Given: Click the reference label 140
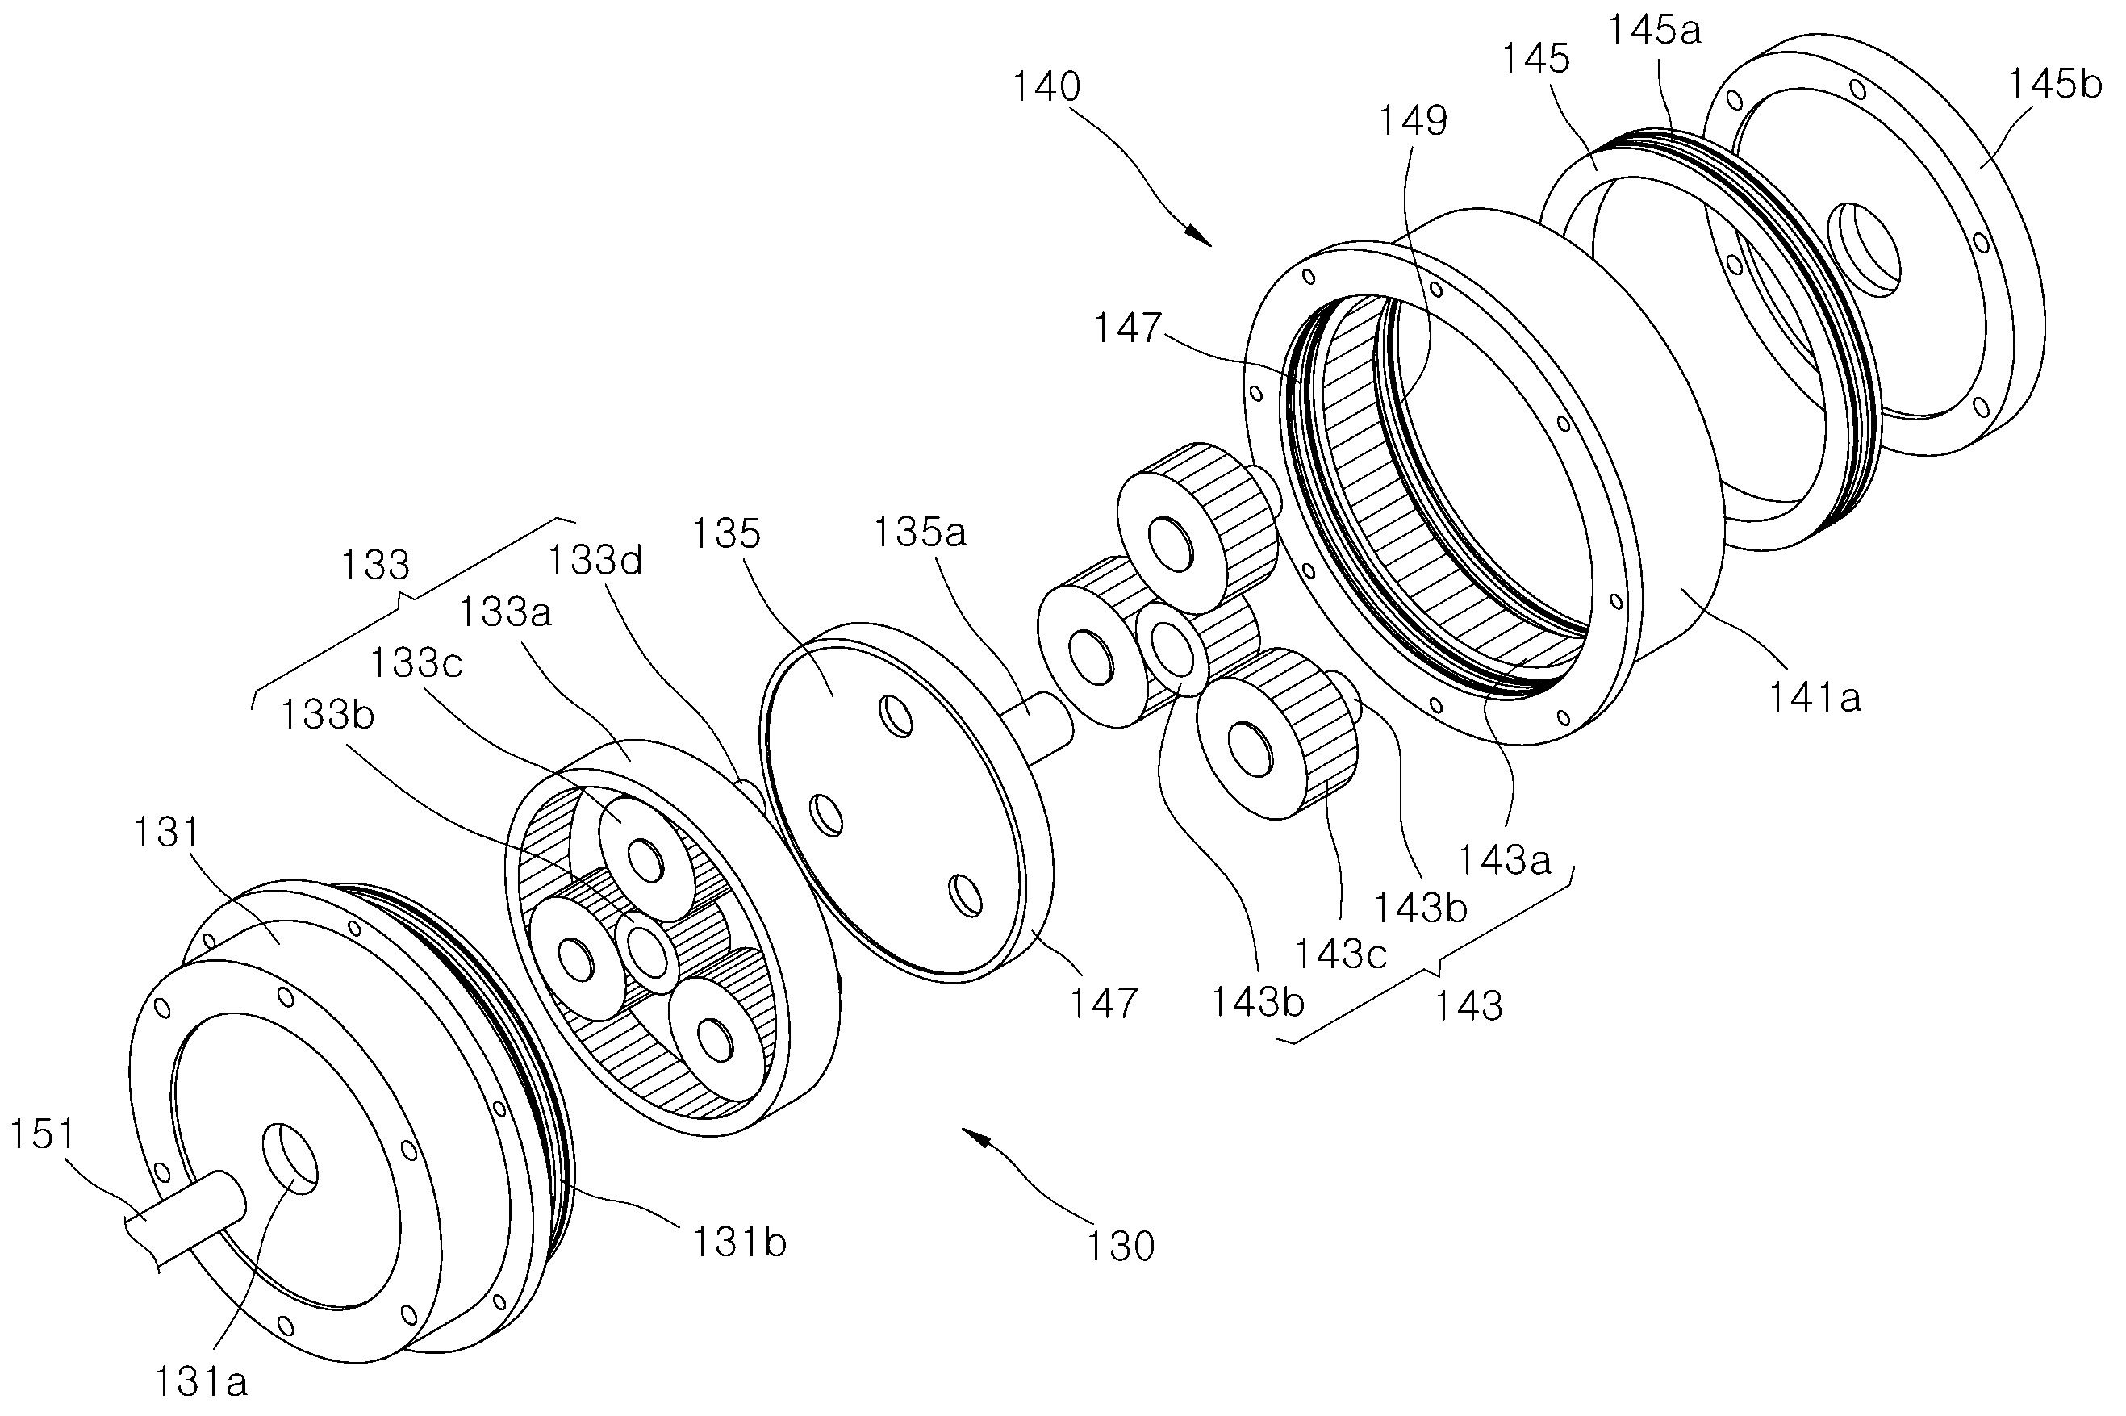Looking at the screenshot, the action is [1046, 88].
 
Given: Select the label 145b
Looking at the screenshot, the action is [2055, 85].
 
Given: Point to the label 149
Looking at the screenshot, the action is [1414, 120].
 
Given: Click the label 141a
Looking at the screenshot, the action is [1815, 697].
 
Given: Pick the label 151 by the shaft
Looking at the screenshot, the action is [43, 1134].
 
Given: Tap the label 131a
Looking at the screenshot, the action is [201, 1381].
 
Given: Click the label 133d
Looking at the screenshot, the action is [595, 561].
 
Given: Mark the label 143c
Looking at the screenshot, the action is [1341, 954].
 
